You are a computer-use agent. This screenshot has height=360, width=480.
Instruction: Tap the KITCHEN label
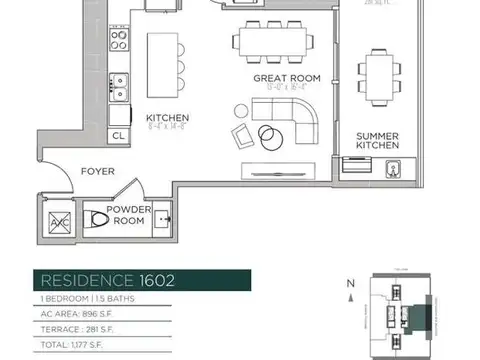pos(166,117)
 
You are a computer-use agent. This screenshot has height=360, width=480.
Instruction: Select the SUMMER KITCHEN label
pos(377,138)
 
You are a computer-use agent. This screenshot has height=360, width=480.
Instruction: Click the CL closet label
pos(118,134)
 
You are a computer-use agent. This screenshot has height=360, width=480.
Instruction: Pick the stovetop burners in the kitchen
pos(117,41)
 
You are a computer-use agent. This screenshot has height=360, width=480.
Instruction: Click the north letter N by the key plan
pos(349,283)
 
